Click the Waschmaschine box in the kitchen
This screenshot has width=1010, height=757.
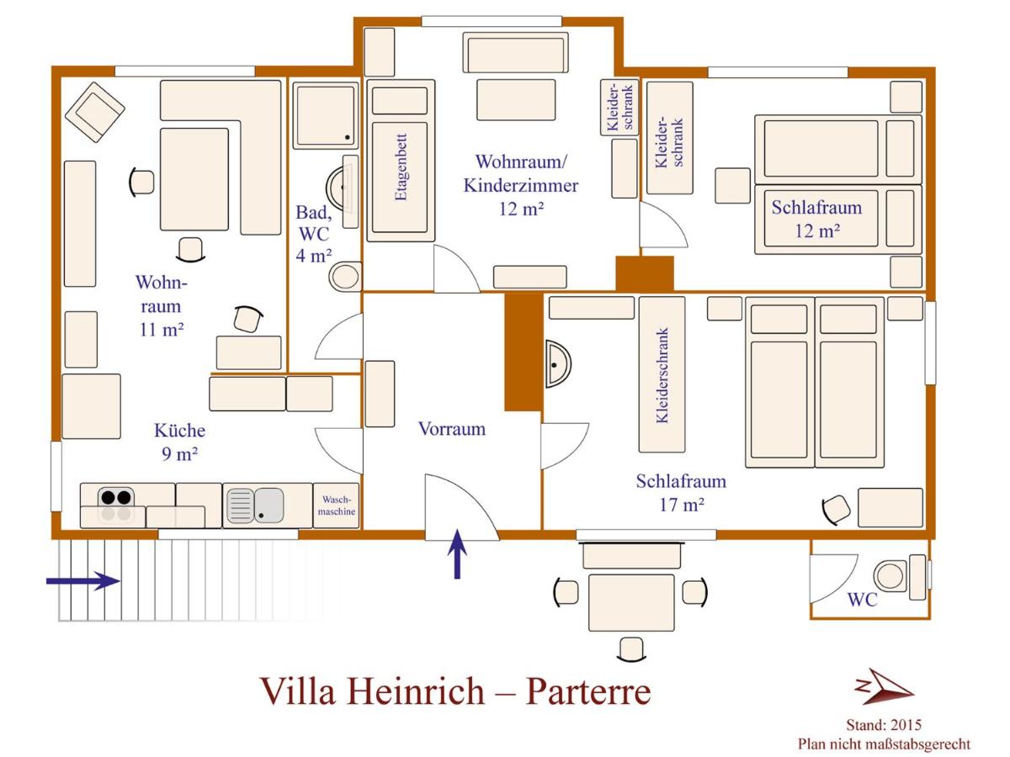coord(336,506)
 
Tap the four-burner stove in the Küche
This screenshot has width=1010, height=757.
coord(116,506)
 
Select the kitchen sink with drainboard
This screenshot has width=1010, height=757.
coord(255,506)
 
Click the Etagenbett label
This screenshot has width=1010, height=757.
coord(401,167)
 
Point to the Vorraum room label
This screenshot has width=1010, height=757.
coord(452,429)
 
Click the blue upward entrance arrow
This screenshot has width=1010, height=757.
coord(457,553)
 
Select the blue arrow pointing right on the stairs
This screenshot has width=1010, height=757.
coord(83,581)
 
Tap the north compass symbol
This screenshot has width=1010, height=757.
coord(884,686)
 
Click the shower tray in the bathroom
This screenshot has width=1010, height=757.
coord(326,116)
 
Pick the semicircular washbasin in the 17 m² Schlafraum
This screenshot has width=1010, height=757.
coord(558,364)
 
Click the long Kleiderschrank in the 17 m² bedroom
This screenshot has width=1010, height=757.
coord(662,374)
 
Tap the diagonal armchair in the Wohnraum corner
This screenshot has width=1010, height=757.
coord(95,112)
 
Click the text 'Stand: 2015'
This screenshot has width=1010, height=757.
coord(884,725)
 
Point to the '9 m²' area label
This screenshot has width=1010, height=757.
coord(179,454)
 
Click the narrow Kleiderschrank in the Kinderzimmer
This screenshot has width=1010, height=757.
coord(619,107)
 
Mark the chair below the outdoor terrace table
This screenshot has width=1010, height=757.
coord(631,649)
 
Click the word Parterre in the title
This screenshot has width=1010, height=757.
coord(588,691)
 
